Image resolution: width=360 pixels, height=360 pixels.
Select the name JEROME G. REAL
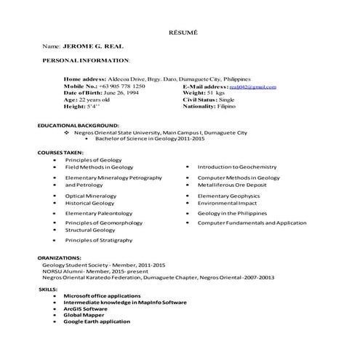pos(87,46)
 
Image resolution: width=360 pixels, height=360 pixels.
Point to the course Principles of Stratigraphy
pos(99,240)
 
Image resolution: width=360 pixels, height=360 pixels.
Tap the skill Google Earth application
pos(97,321)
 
